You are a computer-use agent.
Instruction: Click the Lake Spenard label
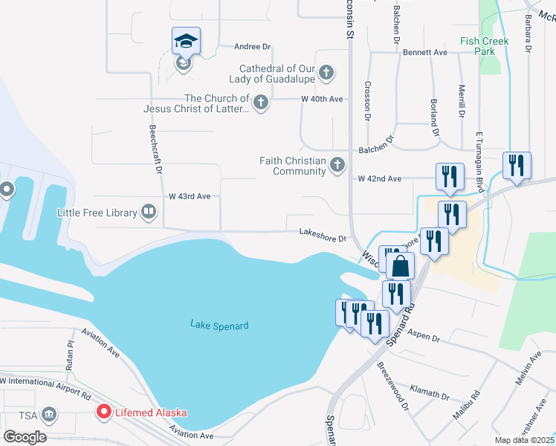click(x=219, y=325)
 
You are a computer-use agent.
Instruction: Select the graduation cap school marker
click(x=186, y=42)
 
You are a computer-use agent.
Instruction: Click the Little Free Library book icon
click(x=149, y=213)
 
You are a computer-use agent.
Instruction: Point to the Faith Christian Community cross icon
click(x=337, y=165)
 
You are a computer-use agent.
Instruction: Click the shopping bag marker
click(x=400, y=265)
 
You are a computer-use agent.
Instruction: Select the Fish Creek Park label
click(x=484, y=47)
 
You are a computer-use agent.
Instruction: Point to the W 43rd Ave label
click(x=190, y=196)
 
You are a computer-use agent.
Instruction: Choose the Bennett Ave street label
click(x=425, y=53)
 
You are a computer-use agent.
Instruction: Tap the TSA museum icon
click(x=49, y=413)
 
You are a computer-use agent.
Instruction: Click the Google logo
click(x=25, y=437)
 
